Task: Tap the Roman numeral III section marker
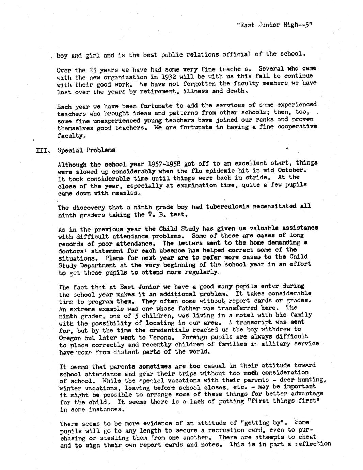[43, 150]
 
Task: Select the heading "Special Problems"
[86, 150]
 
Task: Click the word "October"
[289, 170]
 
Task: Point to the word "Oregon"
[70, 338]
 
